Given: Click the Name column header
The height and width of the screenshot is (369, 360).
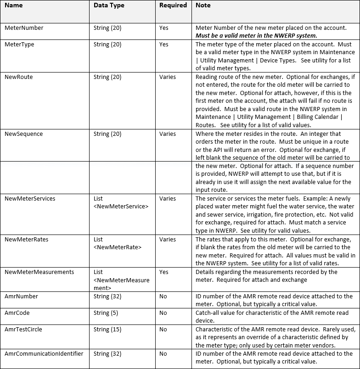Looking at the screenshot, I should [x=13, y=6].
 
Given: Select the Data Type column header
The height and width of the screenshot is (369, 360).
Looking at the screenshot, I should [x=109, y=6].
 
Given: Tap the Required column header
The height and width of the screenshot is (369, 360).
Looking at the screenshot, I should [x=173, y=6].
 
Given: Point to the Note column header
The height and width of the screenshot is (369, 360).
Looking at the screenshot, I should [x=203, y=6].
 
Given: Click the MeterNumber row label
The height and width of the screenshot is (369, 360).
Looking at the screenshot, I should [x=24, y=28].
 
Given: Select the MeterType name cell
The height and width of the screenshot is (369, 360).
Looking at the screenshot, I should [x=19, y=45].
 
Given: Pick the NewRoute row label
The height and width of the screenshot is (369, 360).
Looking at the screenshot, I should [x=18, y=77].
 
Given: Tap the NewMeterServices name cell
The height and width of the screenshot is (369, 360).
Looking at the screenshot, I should [x=30, y=199].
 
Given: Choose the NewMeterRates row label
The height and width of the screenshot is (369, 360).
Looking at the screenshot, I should [x=26, y=240].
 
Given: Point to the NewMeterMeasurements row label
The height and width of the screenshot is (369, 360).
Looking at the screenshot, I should [x=39, y=272].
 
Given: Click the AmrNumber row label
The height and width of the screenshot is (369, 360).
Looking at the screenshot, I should [x=21, y=296].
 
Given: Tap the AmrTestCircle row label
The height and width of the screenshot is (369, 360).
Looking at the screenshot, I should [x=23, y=329].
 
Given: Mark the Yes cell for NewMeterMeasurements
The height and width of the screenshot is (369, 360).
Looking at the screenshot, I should [x=164, y=272].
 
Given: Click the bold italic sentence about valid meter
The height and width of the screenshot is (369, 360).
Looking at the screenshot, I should [x=256, y=35].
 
